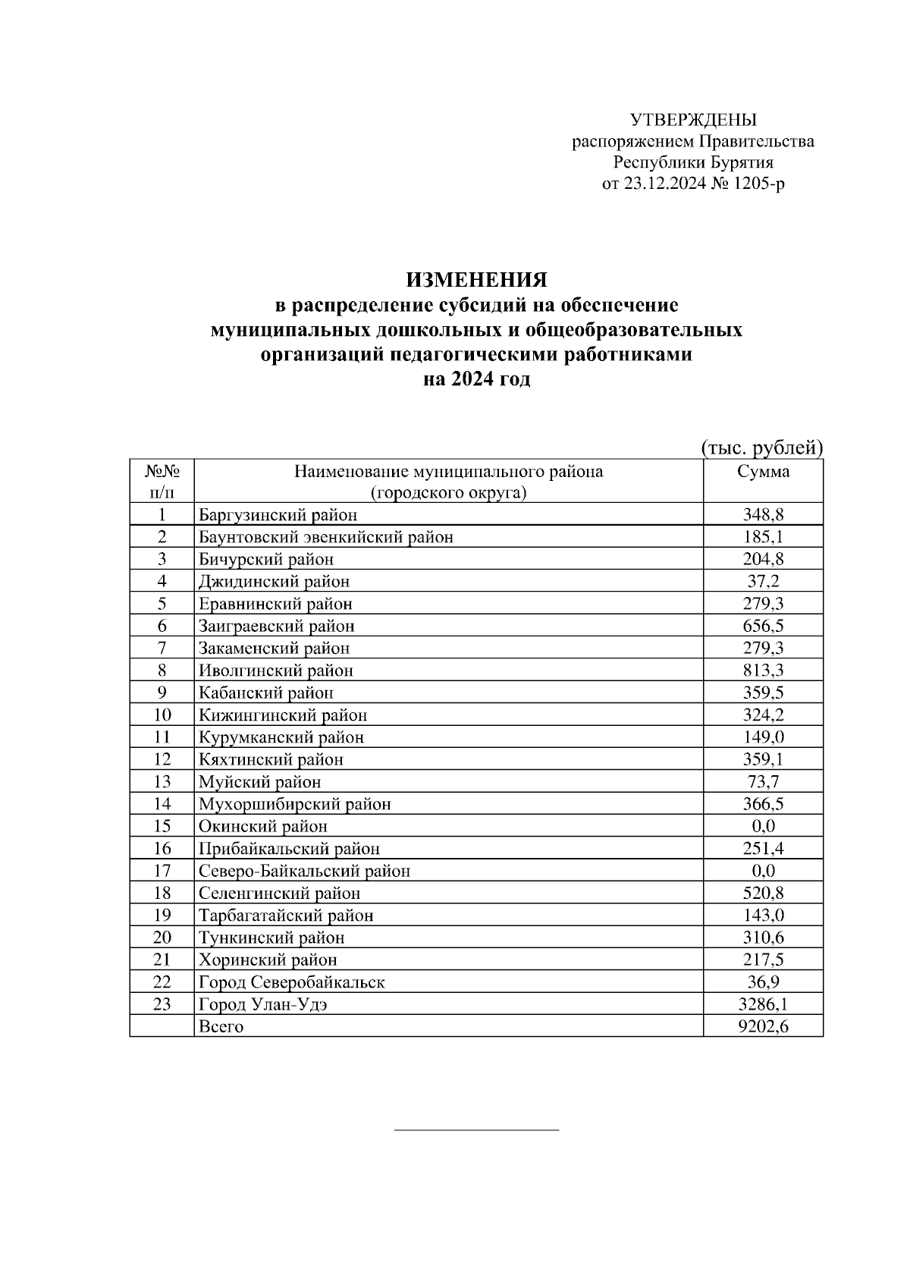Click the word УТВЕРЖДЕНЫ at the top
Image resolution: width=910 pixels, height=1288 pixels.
tap(693, 120)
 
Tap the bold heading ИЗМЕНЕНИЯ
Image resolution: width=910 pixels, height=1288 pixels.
tap(476, 280)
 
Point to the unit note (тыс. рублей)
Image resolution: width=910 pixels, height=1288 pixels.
tap(761, 448)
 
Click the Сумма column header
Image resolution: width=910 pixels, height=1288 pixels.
tap(763, 472)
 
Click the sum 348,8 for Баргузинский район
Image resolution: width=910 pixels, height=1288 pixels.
tap(763, 515)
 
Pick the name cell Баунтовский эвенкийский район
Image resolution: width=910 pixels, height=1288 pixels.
tap(326, 537)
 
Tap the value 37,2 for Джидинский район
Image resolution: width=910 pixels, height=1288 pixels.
tap(763, 582)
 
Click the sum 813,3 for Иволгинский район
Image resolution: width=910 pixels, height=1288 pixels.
tap(763, 671)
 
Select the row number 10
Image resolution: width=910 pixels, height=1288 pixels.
tap(162, 715)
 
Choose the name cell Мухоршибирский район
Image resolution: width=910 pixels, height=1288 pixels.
tap(295, 804)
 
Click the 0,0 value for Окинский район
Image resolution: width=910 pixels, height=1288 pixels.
tap(763, 826)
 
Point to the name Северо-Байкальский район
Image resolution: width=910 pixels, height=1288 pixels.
tap(304, 871)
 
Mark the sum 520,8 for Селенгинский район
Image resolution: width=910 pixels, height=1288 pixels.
tap(763, 894)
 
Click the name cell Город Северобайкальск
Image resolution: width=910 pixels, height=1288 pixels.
tap(292, 982)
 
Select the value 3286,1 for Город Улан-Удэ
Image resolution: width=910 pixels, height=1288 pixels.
tap(763, 1004)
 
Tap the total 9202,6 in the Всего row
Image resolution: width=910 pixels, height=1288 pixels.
tap(763, 1027)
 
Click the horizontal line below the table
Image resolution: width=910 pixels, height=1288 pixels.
tap(476, 1130)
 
